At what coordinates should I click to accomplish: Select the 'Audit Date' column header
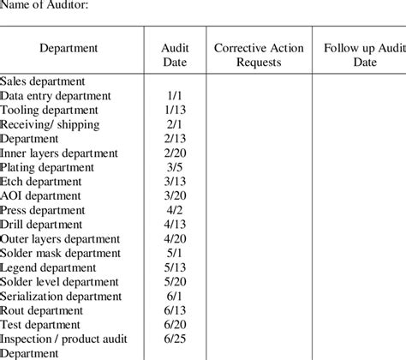point(175,55)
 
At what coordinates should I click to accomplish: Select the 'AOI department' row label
point(41,195)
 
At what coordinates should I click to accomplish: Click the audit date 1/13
point(175,111)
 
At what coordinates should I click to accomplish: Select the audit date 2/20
point(175,153)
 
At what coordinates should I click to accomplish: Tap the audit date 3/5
point(175,167)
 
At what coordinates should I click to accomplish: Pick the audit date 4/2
point(175,210)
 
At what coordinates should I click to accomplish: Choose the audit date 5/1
point(175,253)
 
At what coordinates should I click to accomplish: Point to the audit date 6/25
point(175,339)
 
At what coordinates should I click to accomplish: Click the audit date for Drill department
point(175,225)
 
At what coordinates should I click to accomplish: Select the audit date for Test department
point(175,325)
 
